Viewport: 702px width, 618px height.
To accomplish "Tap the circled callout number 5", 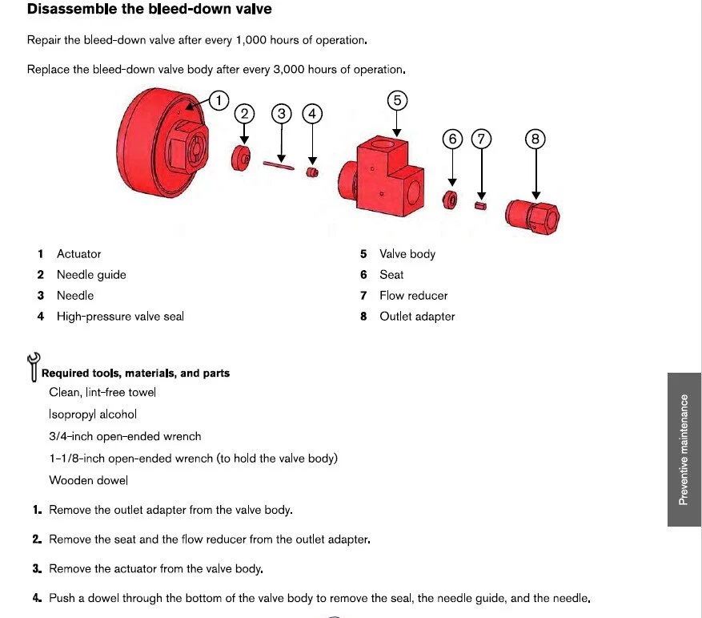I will click(397, 100).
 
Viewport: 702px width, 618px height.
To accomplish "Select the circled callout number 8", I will click(536, 139).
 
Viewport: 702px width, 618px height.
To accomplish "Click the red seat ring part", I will click(451, 199).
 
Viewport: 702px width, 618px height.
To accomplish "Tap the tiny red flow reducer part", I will click(480, 205).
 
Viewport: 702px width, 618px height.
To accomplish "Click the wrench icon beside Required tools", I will click(33, 366).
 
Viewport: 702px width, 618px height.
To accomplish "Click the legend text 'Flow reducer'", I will click(413, 296).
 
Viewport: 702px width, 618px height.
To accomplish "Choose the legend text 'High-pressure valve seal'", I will click(120, 317).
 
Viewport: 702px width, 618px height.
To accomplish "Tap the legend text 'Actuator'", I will click(78, 254).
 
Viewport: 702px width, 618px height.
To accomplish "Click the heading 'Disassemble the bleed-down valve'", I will click(149, 10).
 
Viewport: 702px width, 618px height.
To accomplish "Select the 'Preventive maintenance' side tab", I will click(684, 449).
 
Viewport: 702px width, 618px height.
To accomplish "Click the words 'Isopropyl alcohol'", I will click(93, 414).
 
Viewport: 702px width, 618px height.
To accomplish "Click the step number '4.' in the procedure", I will click(37, 598).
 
